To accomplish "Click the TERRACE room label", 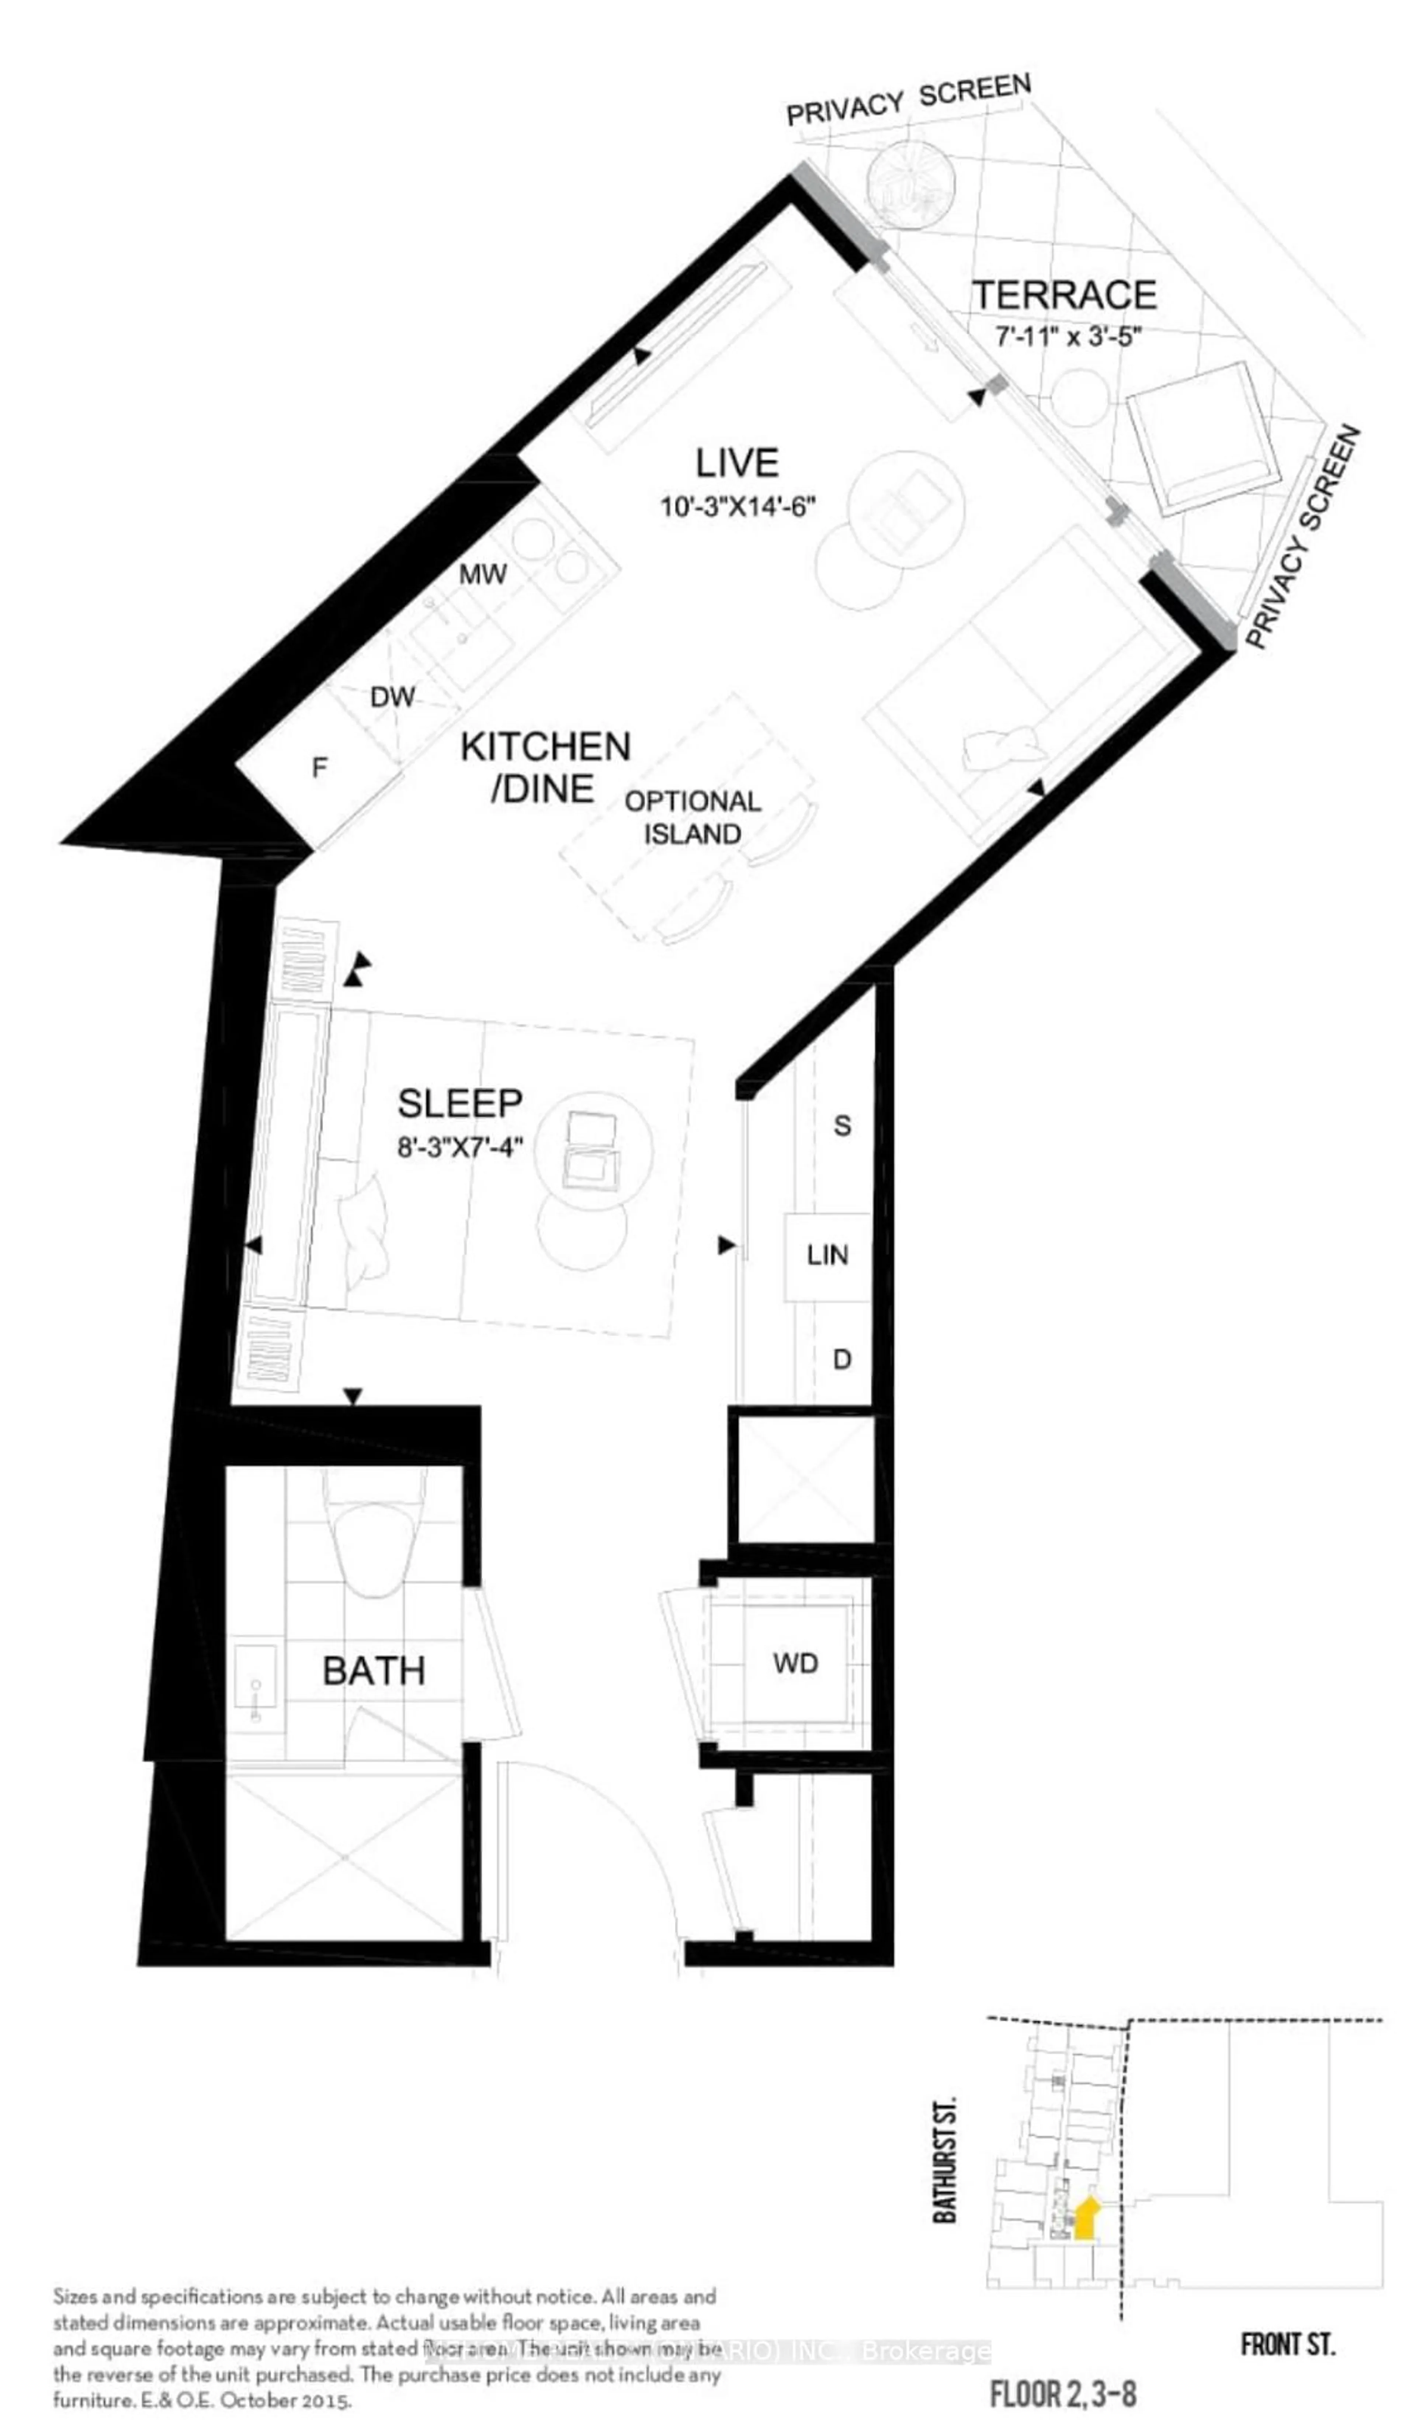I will coord(1063,295).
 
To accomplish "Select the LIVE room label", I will coord(737,464).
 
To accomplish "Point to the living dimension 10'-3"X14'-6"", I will coord(738,506).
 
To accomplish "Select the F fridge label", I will coord(320,767).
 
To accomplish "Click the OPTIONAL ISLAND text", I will coord(693,817).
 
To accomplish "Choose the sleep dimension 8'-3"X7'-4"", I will coord(459,1147).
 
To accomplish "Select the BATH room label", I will coord(374,1670).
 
